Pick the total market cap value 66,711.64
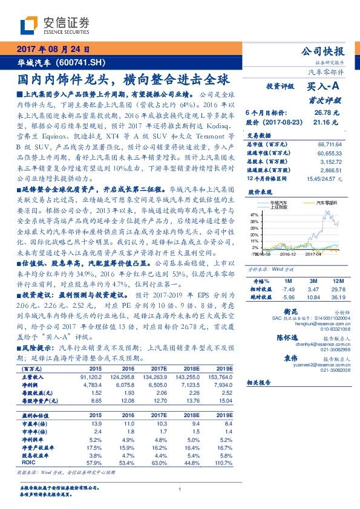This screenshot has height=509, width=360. point(330,145)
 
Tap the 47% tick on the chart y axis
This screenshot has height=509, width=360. point(254,214)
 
